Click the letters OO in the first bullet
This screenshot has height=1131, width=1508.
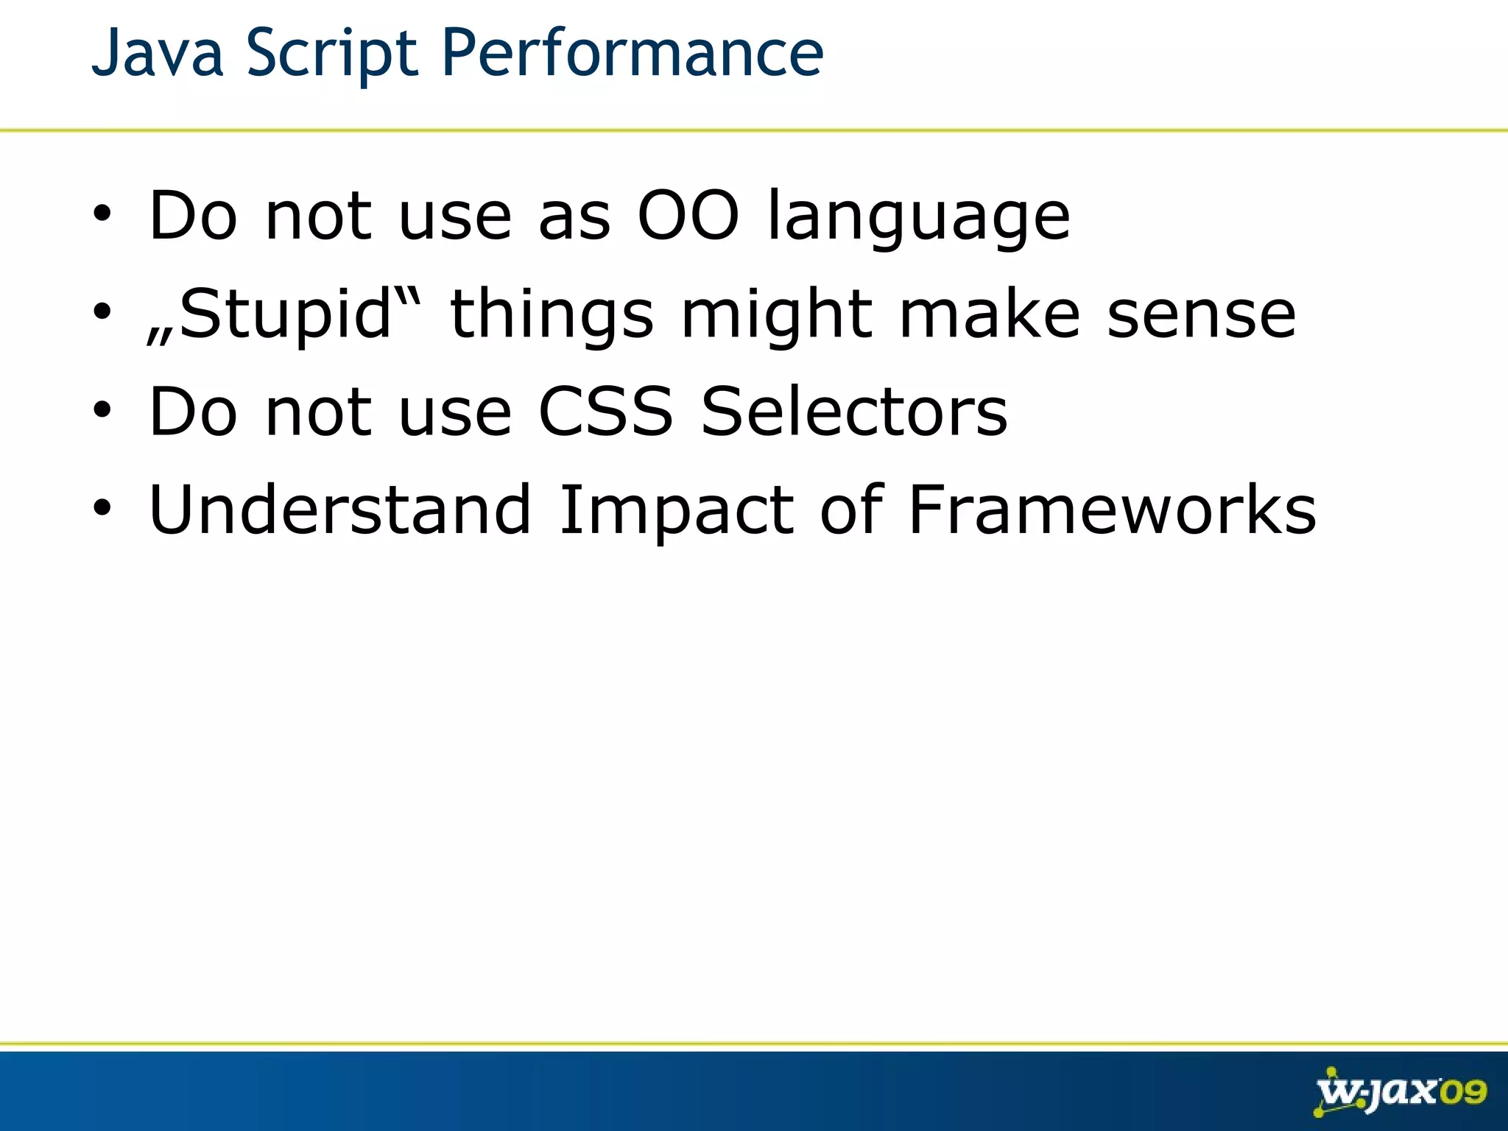[x=688, y=216]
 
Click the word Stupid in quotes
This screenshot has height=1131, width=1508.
[x=284, y=314]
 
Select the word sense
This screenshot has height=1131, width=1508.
[x=1201, y=314]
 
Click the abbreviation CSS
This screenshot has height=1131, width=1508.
[x=605, y=412]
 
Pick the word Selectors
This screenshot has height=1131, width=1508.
[x=854, y=412]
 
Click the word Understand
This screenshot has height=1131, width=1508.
[x=339, y=510]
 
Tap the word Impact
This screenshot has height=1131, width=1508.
[x=676, y=510]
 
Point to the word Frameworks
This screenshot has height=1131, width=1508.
[x=1112, y=510]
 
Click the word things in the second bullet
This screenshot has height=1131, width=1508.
[x=552, y=314]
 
